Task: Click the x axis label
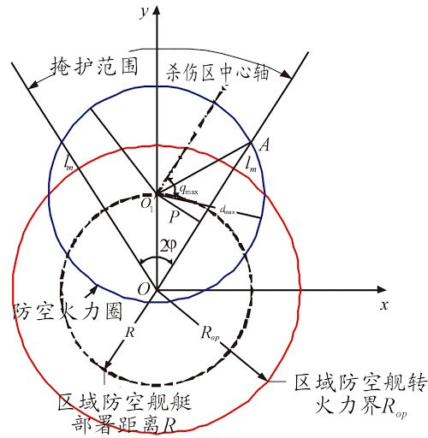(384, 305)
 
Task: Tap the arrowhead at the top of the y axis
(157, 10)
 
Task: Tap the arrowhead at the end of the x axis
(382, 290)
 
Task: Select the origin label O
(144, 289)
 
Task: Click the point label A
(265, 145)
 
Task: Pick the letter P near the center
(174, 216)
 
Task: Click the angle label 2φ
(169, 246)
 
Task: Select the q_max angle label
(188, 189)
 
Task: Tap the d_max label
(228, 210)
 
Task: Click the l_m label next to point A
(252, 166)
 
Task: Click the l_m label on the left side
(68, 163)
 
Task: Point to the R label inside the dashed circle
(130, 332)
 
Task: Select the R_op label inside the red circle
(210, 333)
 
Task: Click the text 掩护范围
(94, 67)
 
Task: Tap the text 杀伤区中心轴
(217, 72)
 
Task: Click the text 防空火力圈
(68, 311)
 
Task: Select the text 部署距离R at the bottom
(123, 426)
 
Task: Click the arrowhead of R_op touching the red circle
(263, 376)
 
